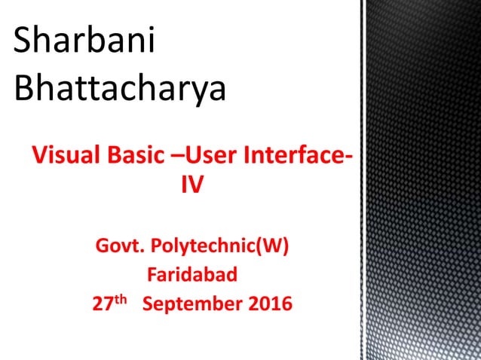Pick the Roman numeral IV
[192, 185]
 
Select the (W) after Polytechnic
[273, 246]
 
